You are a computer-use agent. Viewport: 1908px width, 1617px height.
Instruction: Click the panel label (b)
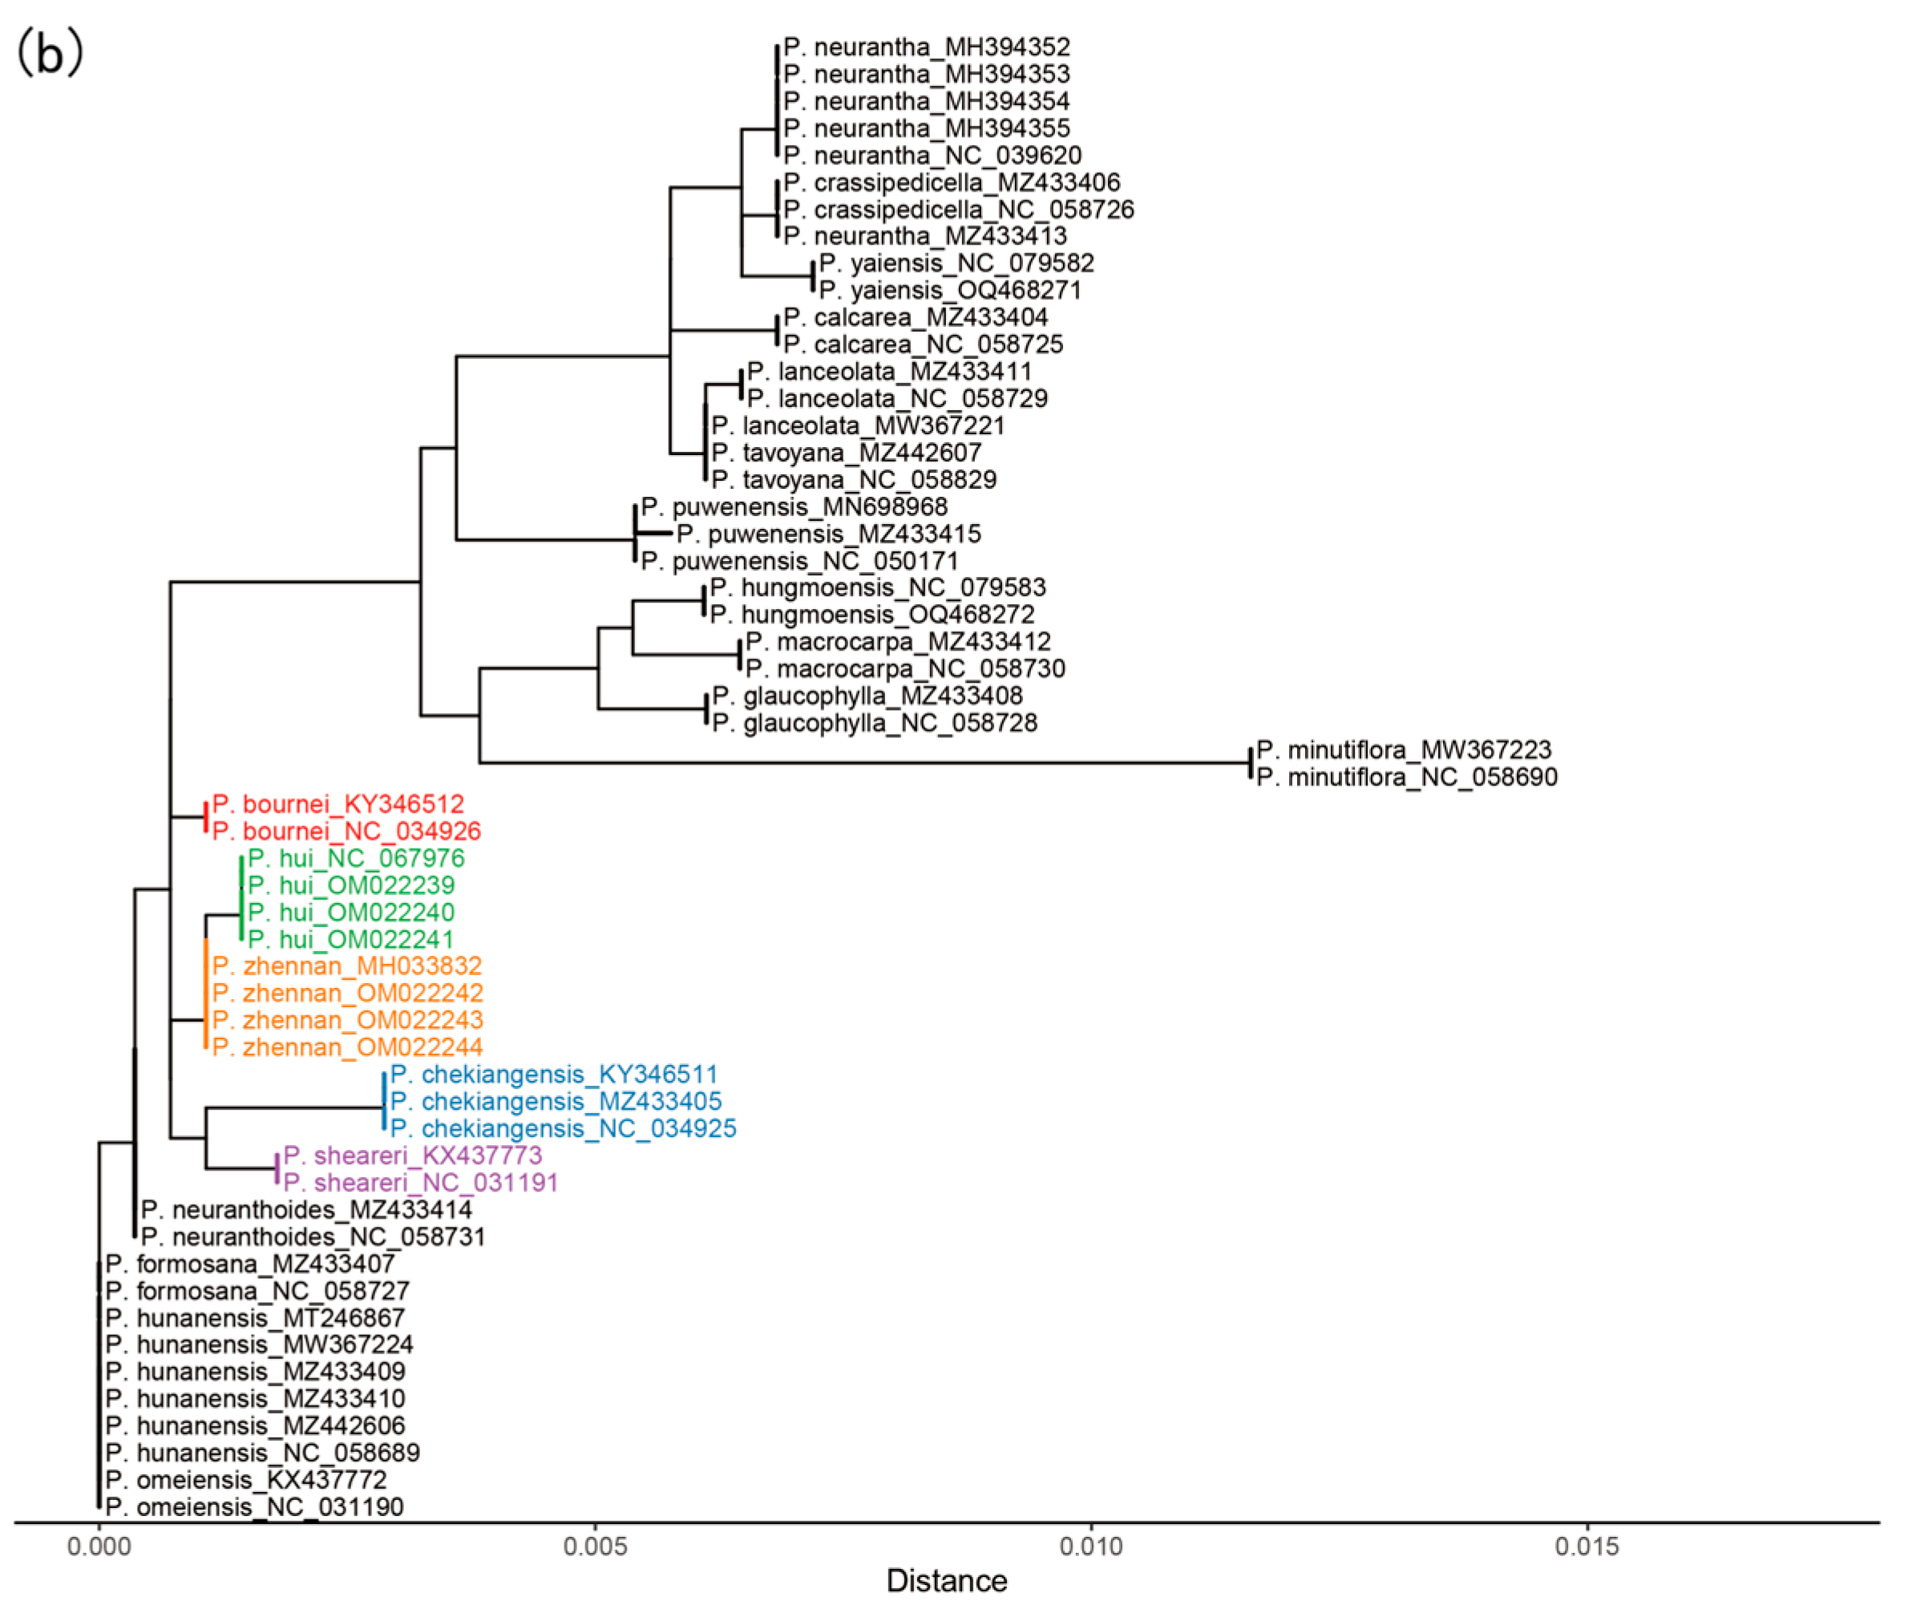coord(50,53)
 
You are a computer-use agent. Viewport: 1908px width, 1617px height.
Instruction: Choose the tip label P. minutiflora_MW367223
coord(1404,751)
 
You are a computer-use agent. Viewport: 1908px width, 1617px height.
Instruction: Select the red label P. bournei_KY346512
coord(338,804)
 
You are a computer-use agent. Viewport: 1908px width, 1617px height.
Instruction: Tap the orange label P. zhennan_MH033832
coord(346,966)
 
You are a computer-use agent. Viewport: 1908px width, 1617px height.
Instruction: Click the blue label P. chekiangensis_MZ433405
coord(556,1102)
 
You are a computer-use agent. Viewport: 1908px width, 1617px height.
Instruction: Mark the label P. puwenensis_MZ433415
coord(829,534)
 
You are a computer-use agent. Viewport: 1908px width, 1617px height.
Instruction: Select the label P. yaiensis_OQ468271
coord(950,291)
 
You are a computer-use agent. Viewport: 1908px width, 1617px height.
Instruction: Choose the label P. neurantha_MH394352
coord(926,47)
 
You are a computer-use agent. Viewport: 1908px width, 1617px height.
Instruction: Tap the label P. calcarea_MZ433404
coord(915,318)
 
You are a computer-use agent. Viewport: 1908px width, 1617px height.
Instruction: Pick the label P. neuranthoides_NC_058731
coord(313,1237)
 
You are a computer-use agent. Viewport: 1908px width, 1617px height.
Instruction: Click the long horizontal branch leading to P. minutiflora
coord(862,763)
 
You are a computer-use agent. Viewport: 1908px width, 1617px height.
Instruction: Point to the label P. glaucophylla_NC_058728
coord(874,724)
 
